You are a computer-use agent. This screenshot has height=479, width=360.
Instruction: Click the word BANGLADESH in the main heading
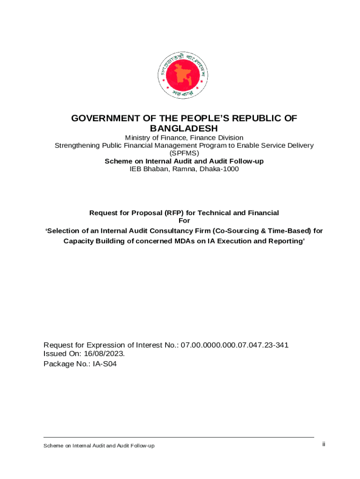[x=184, y=128]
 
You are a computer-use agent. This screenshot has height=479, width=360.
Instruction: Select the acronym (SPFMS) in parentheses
[x=184, y=153]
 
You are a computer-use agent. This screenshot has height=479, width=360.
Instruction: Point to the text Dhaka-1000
[x=219, y=169]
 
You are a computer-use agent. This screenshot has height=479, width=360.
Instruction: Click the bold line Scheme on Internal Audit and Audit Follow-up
[x=184, y=161]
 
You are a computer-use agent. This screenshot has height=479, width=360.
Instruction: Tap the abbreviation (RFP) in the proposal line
[x=175, y=213]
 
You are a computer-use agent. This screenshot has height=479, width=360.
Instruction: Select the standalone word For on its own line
[x=184, y=220]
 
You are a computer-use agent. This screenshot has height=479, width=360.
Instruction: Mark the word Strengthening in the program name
[x=77, y=145]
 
